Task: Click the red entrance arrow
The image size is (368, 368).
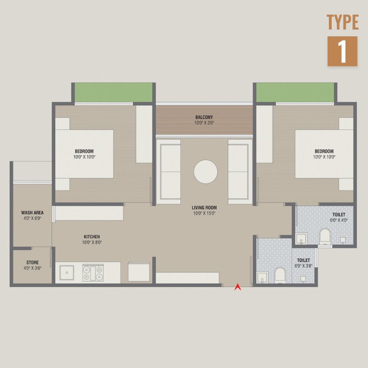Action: [237, 287]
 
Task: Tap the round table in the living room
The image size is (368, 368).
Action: [206, 172]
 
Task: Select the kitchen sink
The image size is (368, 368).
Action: [67, 272]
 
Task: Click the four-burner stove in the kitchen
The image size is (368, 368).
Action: [93, 272]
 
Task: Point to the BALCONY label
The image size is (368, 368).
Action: [204, 117]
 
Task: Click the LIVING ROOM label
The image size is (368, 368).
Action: [204, 208]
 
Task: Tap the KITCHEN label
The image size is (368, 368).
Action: [92, 237]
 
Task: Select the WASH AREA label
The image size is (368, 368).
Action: [32, 213]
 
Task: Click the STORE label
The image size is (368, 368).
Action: [32, 262]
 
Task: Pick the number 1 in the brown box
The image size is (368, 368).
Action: [342, 52]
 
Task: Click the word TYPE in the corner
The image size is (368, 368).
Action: [343, 22]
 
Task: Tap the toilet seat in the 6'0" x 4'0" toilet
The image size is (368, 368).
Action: [325, 235]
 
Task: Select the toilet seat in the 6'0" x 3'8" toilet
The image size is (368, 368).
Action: [280, 274]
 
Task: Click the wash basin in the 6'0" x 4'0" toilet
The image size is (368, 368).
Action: [301, 238]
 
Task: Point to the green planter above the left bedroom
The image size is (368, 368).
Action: [114, 92]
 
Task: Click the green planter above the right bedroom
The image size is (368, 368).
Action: [295, 92]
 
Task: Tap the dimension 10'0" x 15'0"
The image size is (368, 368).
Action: [204, 213]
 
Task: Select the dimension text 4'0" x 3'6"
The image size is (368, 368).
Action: [32, 268]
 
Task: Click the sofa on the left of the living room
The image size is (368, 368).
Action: [168, 172]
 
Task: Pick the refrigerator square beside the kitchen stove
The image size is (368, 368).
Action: [139, 272]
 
